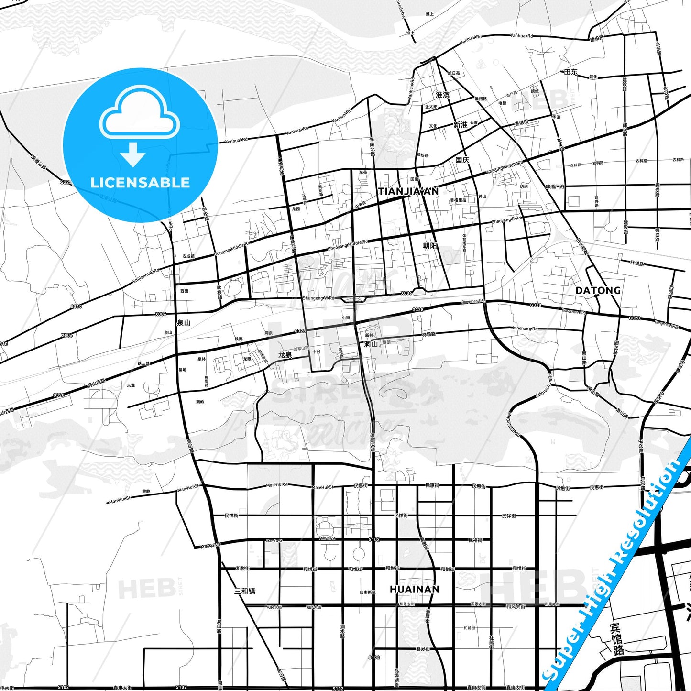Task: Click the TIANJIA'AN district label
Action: [408, 191]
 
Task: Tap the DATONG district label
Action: [598, 290]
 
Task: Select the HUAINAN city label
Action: [414, 589]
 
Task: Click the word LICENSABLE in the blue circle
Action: [140, 183]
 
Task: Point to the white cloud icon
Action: [139, 115]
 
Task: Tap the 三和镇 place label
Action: [244, 591]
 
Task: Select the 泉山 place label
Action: [184, 323]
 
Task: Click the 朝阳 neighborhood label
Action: [430, 246]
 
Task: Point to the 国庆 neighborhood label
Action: [462, 160]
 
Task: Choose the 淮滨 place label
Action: [442, 95]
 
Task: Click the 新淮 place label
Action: [460, 125]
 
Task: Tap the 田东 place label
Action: [571, 72]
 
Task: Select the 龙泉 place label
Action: [285, 355]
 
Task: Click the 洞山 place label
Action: [371, 344]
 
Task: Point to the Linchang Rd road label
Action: [525, 329]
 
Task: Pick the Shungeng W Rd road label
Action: [318, 298]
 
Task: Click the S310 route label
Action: [76, 307]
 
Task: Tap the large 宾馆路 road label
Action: [616, 639]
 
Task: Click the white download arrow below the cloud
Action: [133, 154]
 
